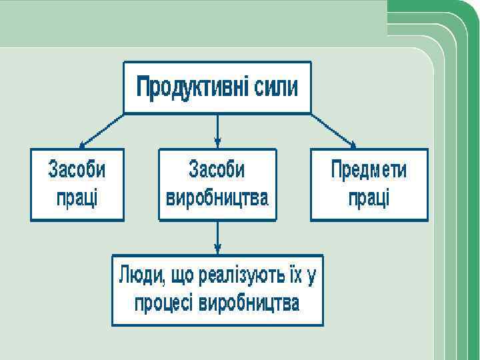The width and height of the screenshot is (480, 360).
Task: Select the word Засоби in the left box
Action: tap(77, 169)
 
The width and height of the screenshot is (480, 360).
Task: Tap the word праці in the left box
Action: tap(77, 198)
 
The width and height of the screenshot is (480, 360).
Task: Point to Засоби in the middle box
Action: tap(217, 169)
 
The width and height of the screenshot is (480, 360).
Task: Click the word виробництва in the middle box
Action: tap(217, 198)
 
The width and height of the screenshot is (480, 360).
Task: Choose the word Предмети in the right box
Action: tap(369, 169)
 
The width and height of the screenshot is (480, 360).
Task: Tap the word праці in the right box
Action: tap(369, 198)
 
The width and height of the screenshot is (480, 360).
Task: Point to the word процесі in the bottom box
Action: tap(163, 303)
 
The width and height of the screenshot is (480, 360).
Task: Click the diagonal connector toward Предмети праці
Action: tap(331, 129)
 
